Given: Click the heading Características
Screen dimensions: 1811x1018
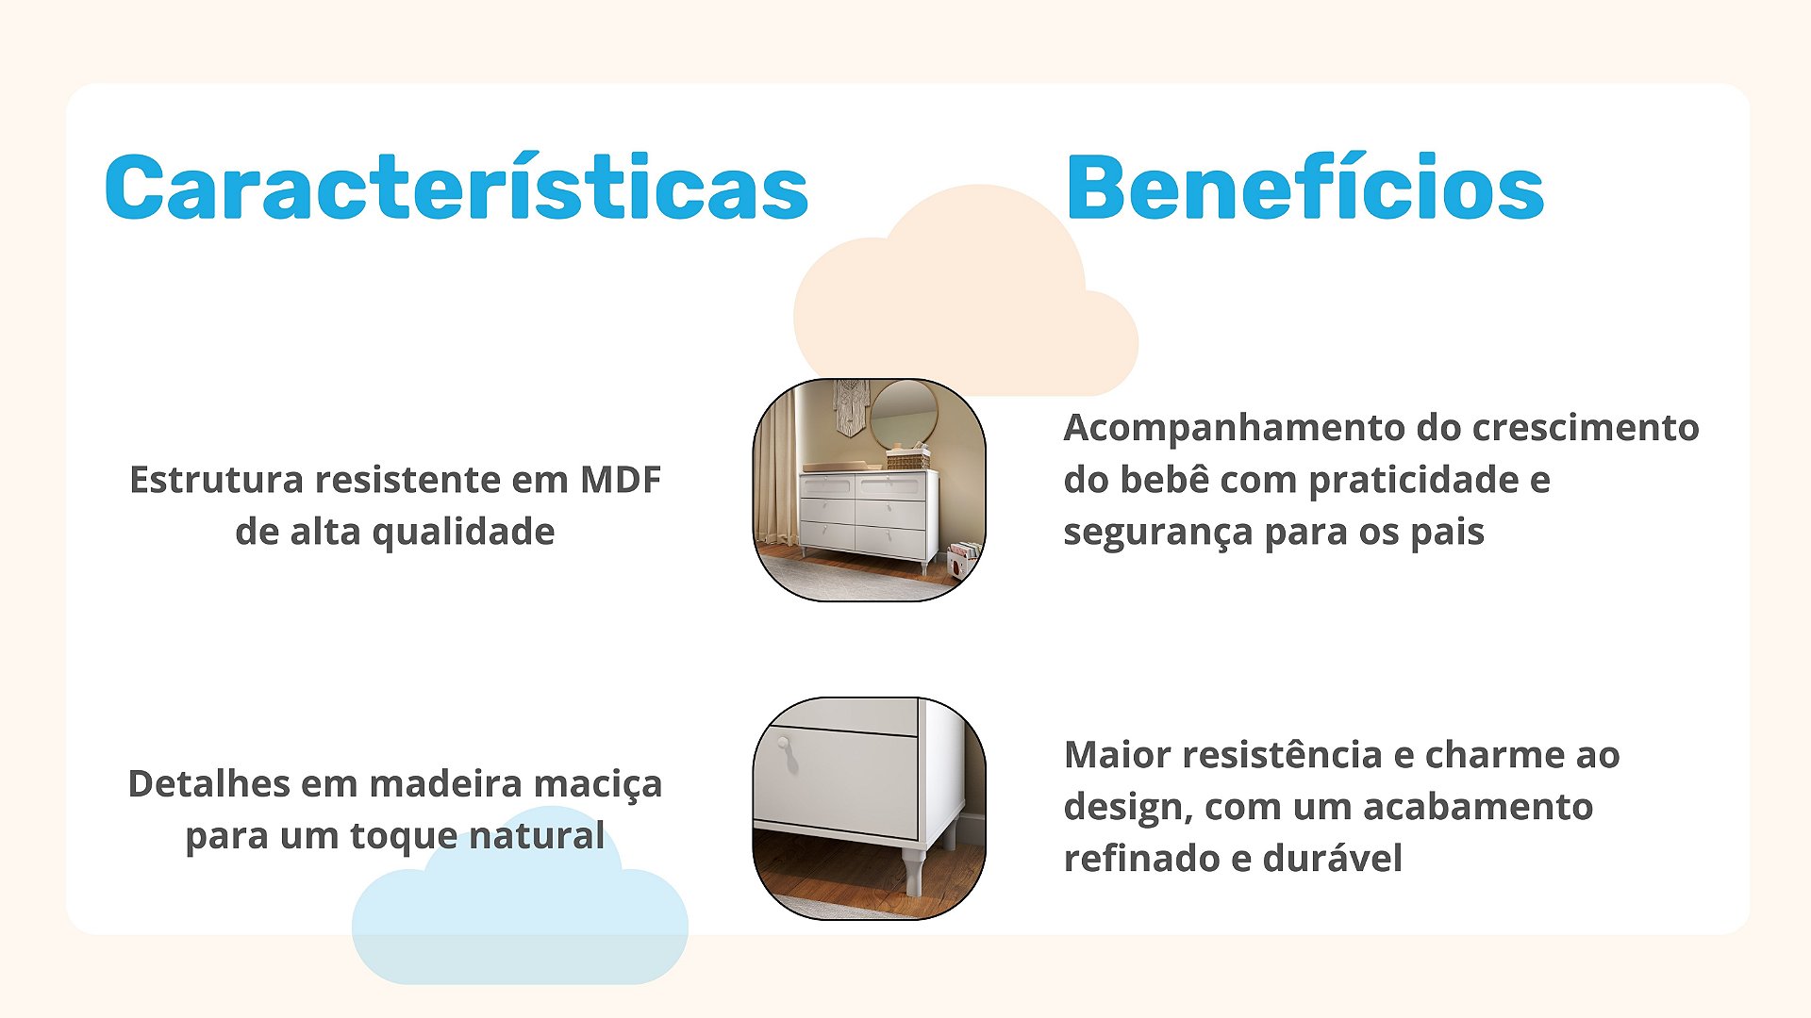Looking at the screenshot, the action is [457, 187].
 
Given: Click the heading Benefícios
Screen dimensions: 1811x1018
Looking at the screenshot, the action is [1304, 187].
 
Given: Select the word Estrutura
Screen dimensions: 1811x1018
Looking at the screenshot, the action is [215, 480].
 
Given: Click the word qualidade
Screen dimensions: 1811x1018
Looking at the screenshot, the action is [463, 534].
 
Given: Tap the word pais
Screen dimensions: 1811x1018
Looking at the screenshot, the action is [1447, 534].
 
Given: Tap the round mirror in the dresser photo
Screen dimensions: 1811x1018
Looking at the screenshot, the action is [904, 414].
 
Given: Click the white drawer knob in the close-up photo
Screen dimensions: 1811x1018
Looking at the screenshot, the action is [783, 745].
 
